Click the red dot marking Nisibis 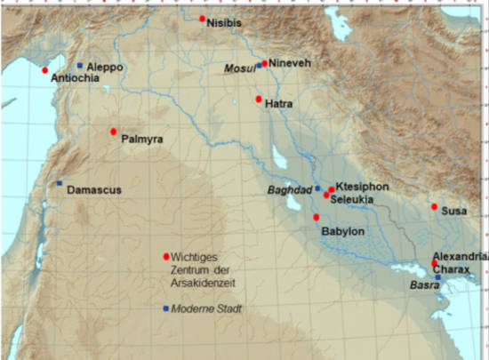click(203, 19)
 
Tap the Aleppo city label click(105, 67)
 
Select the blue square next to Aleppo click(80, 66)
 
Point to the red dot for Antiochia click(45, 70)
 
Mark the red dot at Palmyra click(114, 132)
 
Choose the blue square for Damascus click(60, 184)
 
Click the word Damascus click(93, 190)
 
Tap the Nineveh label click(293, 64)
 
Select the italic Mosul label click(239, 68)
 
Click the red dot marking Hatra click(259, 99)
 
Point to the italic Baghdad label click(289, 190)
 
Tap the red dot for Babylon click(317, 217)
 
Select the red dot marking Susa click(435, 207)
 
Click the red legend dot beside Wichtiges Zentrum click(166, 257)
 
